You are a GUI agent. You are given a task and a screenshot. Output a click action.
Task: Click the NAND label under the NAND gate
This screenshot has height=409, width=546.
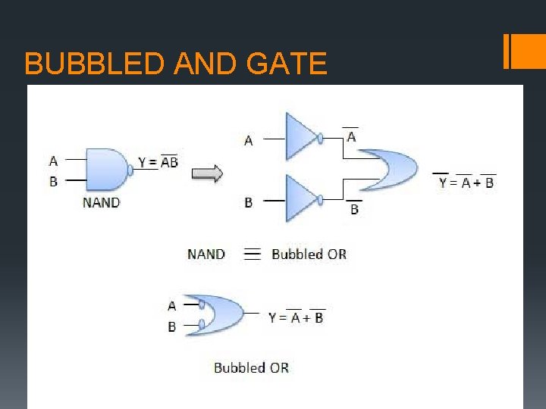(x=101, y=202)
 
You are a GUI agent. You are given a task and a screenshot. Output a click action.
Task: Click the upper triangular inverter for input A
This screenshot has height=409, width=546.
(x=301, y=137)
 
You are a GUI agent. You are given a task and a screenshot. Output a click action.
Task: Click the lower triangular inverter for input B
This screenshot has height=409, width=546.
(x=301, y=198)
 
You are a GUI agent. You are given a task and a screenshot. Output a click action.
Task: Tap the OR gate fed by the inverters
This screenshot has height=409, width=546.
(x=390, y=170)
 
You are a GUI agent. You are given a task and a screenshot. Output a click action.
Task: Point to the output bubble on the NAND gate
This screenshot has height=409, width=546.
(x=130, y=170)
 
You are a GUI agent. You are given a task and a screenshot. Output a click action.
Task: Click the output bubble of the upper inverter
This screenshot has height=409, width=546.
(x=322, y=139)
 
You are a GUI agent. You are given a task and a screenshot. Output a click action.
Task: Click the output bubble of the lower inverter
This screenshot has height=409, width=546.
(x=322, y=199)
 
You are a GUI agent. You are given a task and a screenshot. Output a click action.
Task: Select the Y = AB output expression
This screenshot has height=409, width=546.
(x=158, y=161)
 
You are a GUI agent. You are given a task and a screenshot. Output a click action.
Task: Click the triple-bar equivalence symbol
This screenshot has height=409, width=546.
(x=253, y=254)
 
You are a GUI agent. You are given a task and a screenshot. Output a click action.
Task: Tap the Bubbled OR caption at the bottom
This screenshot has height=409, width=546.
(x=251, y=367)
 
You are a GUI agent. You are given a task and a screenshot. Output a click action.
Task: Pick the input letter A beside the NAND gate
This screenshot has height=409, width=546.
(x=53, y=161)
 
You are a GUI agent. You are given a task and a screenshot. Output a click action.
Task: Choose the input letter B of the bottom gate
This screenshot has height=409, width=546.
(x=172, y=326)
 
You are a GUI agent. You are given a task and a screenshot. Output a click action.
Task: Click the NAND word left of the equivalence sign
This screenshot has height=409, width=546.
(x=206, y=254)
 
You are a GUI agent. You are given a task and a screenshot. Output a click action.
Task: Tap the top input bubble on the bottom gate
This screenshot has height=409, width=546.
(x=201, y=305)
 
